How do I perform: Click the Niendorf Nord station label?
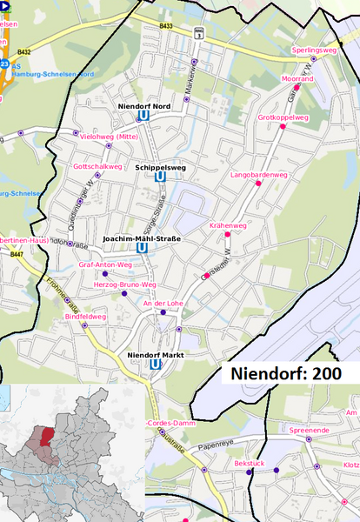[143, 105]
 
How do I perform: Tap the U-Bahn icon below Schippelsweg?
[159, 177]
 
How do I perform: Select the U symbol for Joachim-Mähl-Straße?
[142, 247]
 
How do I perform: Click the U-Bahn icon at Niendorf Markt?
[155, 365]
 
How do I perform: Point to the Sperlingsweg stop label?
[314, 51]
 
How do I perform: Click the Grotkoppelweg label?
[283, 117]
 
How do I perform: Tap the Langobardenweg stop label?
[258, 175]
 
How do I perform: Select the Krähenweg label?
[228, 225]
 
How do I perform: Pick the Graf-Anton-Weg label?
[105, 264]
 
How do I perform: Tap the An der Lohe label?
[163, 303]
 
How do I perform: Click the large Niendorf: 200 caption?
[285, 372]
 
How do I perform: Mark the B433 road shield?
[166, 27]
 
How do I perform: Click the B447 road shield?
[14, 255]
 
